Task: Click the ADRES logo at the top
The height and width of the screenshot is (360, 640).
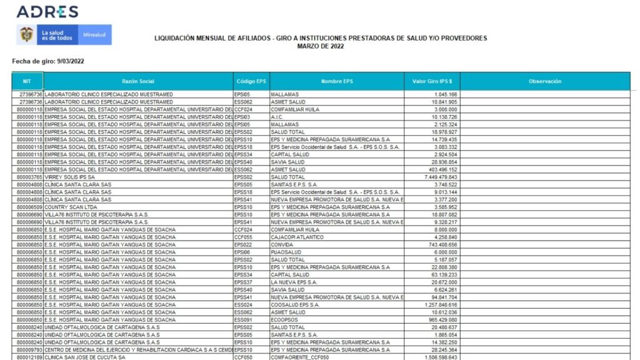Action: (x=47, y=11)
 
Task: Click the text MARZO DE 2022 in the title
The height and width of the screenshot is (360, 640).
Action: (x=320, y=46)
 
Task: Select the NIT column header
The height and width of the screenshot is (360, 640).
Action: (x=27, y=81)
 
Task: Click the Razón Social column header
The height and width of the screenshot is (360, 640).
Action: (x=138, y=81)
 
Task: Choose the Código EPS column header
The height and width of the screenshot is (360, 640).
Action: (x=251, y=81)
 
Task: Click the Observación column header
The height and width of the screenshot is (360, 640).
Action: (x=544, y=81)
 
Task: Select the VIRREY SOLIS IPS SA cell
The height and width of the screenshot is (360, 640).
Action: (x=70, y=177)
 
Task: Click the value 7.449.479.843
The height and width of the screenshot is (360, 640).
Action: (x=441, y=177)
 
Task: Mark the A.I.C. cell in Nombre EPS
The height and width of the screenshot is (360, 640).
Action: (x=277, y=117)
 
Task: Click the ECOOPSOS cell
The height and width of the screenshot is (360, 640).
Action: (x=284, y=319)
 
